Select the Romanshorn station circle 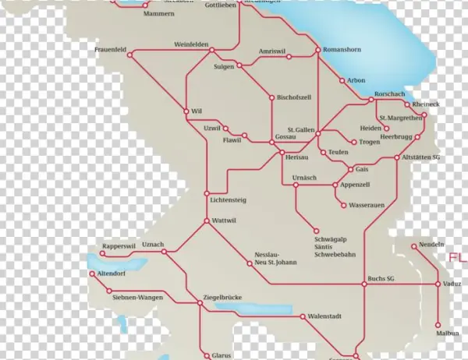pyautogui.click(x=317, y=52)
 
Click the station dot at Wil pyautogui.click(x=186, y=111)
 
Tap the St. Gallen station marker pyautogui.click(x=317, y=134)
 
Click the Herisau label pyautogui.click(x=297, y=157)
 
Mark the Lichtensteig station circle pyautogui.click(x=207, y=192)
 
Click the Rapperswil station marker pyautogui.click(x=102, y=253)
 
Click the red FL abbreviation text pyautogui.click(x=456, y=258)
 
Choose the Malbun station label pyautogui.click(x=447, y=333)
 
